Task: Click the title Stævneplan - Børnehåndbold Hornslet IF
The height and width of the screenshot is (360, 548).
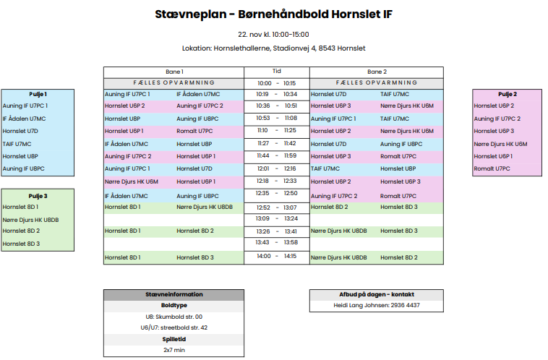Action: pos(273,14)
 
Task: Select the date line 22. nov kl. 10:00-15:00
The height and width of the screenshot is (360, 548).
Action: pos(273,34)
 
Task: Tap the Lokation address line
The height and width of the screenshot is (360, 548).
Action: pos(273,48)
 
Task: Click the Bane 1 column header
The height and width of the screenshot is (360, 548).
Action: pos(174,72)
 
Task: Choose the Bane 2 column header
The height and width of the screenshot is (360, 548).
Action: pos(377,72)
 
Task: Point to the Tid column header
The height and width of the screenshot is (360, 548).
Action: pos(276,72)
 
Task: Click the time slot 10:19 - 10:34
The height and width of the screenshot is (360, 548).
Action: pos(276,94)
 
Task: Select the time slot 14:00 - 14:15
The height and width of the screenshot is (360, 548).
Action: pos(276,256)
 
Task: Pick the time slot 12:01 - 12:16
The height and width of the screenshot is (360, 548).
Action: pos(276,168)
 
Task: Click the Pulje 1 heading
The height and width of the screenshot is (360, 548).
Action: pos(38,94)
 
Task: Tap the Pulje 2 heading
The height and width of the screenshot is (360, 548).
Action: pos(507,94)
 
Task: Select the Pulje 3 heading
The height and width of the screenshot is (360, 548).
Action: pos(38,196)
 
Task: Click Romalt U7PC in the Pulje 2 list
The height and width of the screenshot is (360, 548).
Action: pos(492,168)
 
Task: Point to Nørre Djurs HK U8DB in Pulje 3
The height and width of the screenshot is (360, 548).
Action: pos(31,219)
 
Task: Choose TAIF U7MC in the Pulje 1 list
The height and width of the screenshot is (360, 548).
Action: pos(17,144)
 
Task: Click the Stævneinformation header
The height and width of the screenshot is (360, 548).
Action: pos(173,294)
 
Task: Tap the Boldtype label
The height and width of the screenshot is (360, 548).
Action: pos(173,306)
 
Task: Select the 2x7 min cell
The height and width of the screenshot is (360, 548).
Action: pos(173,350)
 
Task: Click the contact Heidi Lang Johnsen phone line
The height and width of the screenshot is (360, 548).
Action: pos(376,306)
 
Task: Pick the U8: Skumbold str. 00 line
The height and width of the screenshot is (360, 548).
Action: pos(173,317)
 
